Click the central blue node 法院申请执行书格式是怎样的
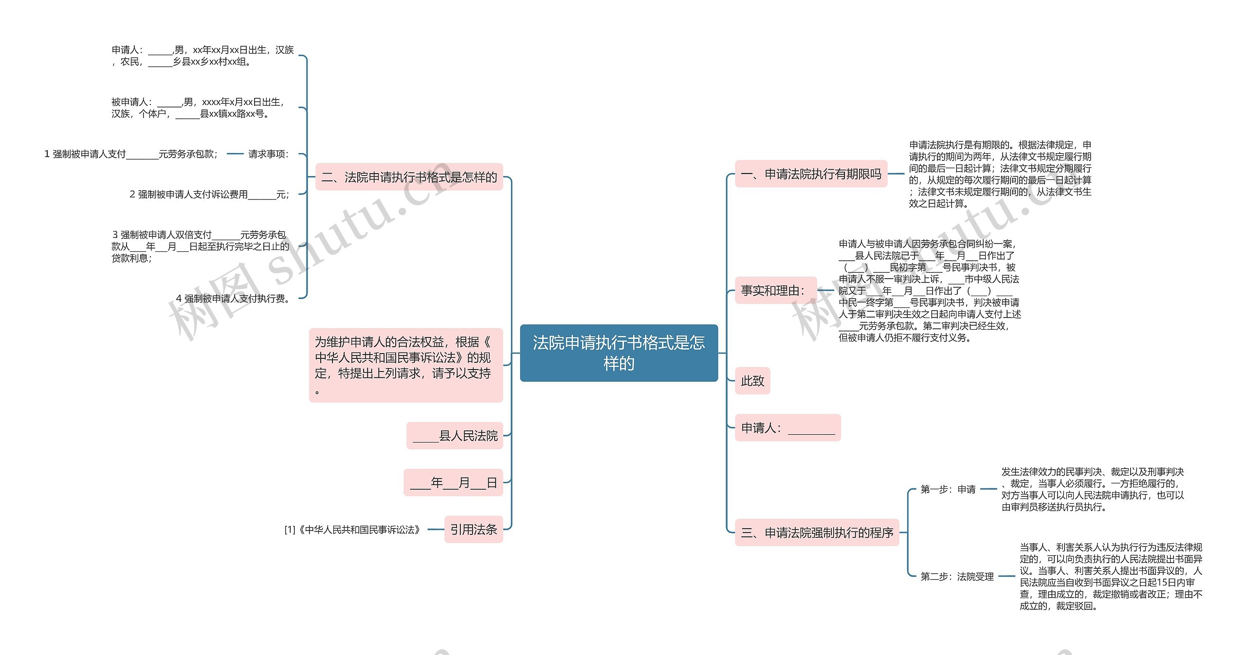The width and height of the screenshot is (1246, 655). click(x=619, y=353)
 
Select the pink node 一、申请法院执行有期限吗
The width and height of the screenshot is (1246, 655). click(x=811, y=174)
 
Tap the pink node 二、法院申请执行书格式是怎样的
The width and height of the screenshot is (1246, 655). click(x=409, y=177)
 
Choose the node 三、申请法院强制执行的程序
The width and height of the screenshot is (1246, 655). click(x=817, y=532)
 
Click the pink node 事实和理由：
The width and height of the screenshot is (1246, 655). click(x=772, y=291)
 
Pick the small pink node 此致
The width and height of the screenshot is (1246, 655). click(x=752, y=381)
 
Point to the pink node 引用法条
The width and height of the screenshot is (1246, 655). click(x=474, y=530)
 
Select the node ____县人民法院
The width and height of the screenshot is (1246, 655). click(x=455, y=436)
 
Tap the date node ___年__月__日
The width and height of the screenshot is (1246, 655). click(x=453, y=483)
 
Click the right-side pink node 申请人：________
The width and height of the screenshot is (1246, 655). click(x=788, y=428)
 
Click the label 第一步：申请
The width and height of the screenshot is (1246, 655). click(x=948, y=489)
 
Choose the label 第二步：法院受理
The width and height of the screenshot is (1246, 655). click(x=957, y=577)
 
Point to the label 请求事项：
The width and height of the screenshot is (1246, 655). click(x=268, y=154)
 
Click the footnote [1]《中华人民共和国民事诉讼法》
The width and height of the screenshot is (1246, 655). click(x=352, y=530)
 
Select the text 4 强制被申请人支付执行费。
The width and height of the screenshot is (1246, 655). click(x=234, y=299)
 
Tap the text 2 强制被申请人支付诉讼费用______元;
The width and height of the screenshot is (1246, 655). click(x=210, y=195)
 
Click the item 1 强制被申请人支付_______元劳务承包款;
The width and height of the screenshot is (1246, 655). click(x=131, y=154)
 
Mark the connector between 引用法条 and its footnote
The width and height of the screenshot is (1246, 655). click(x=435, y=530)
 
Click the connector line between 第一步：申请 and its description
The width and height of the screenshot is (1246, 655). click(x=989, y=489)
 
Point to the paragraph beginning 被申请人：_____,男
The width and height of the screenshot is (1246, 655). click(x=198, y=108)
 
